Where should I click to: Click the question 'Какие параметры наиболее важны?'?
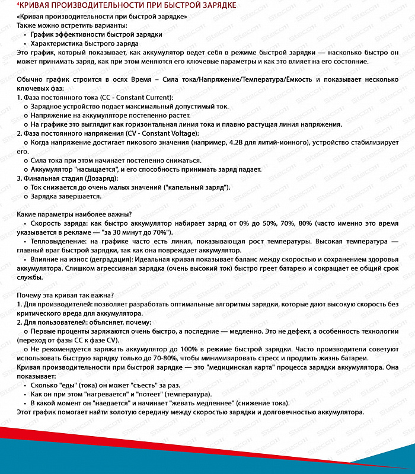click(x=74, y=214)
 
